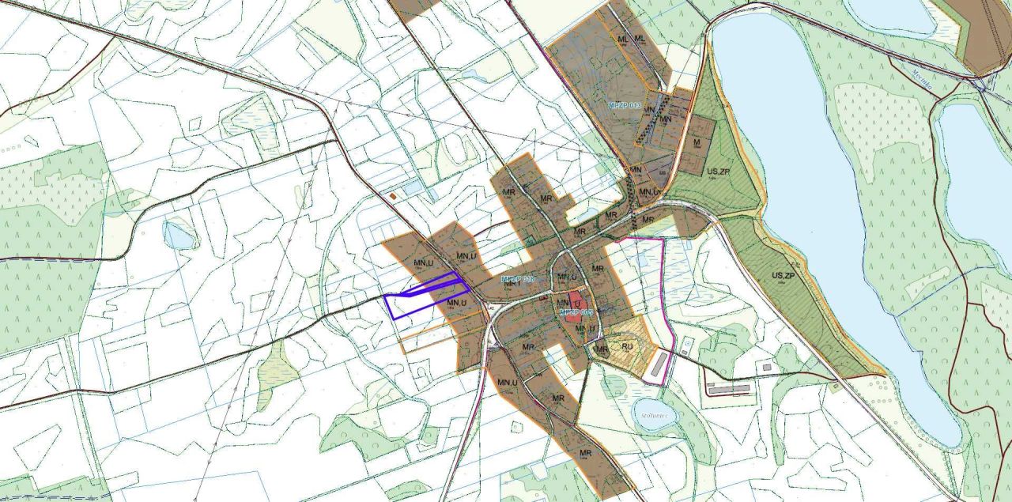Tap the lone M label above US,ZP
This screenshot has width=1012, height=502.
(697, 143)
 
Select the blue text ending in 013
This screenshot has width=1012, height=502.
(624, 104)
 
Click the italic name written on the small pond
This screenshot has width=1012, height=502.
(654, 411)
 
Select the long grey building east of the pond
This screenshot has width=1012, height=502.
(727, 390)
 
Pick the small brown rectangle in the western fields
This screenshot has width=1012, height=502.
(393, 194)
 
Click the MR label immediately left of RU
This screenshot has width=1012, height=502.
(602, 348)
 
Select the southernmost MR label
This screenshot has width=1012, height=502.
(586, 453)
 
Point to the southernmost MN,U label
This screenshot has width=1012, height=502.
(507, 383)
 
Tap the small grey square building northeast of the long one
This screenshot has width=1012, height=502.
(765, 368)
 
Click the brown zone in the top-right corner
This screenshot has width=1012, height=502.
(984, 32)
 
